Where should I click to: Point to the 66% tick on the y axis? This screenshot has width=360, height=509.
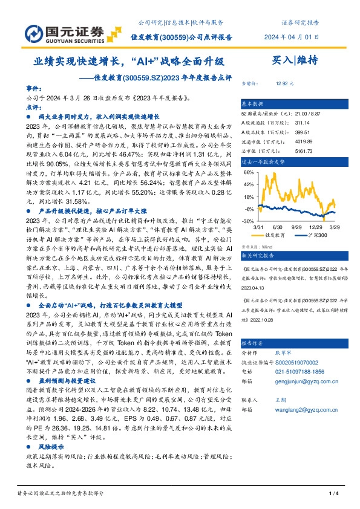click(248, 172)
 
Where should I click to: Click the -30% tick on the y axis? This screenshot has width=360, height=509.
click(247, 221)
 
